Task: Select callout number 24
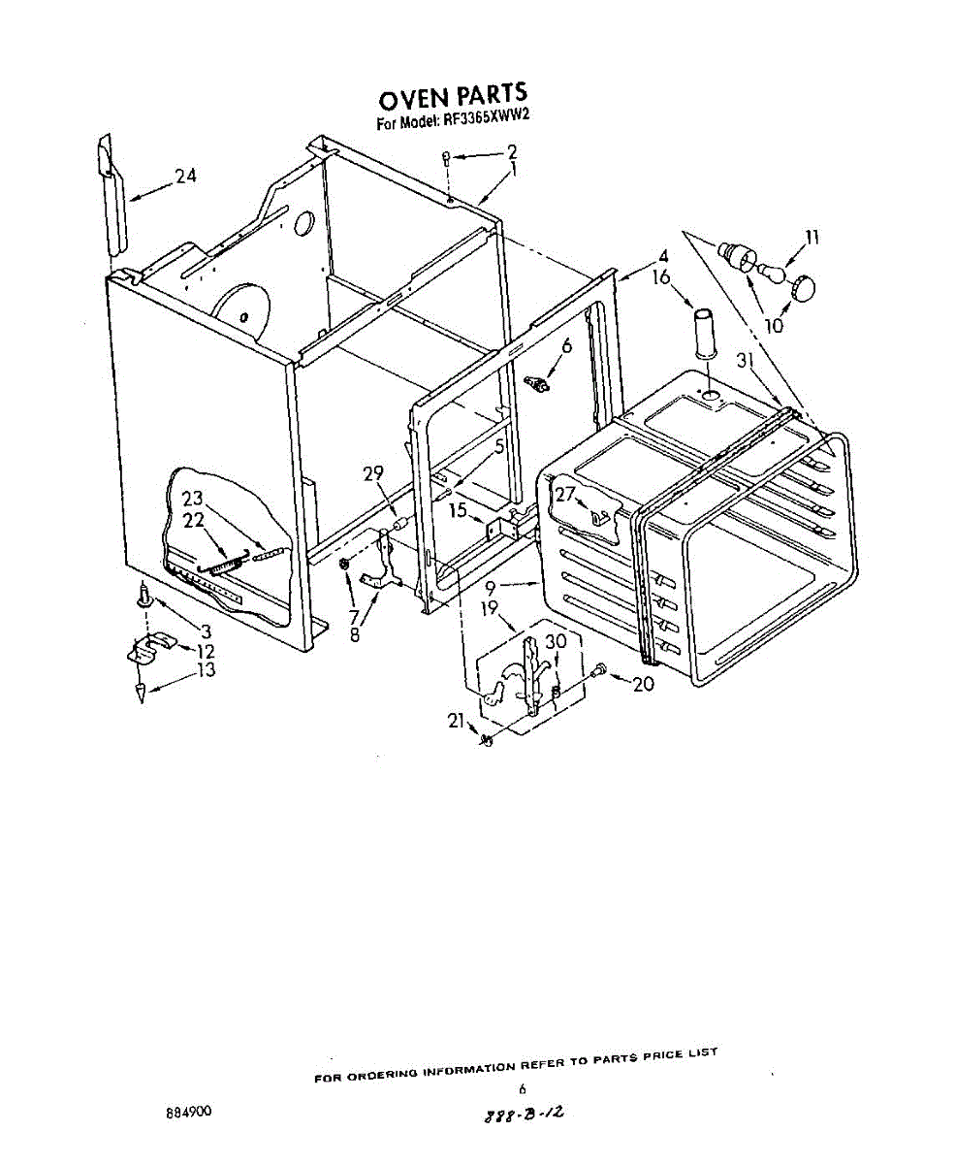tap(186, 177)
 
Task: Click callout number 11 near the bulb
tap(812, 236)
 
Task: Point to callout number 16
tap(661, 278)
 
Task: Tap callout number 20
tap(642, 683)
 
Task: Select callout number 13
tap(206, 670)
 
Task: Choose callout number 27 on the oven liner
tap(564, 493)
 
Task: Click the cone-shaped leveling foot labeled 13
tap(141, 693)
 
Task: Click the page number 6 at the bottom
tap(522, 1089)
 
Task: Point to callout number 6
tap(566, 344)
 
